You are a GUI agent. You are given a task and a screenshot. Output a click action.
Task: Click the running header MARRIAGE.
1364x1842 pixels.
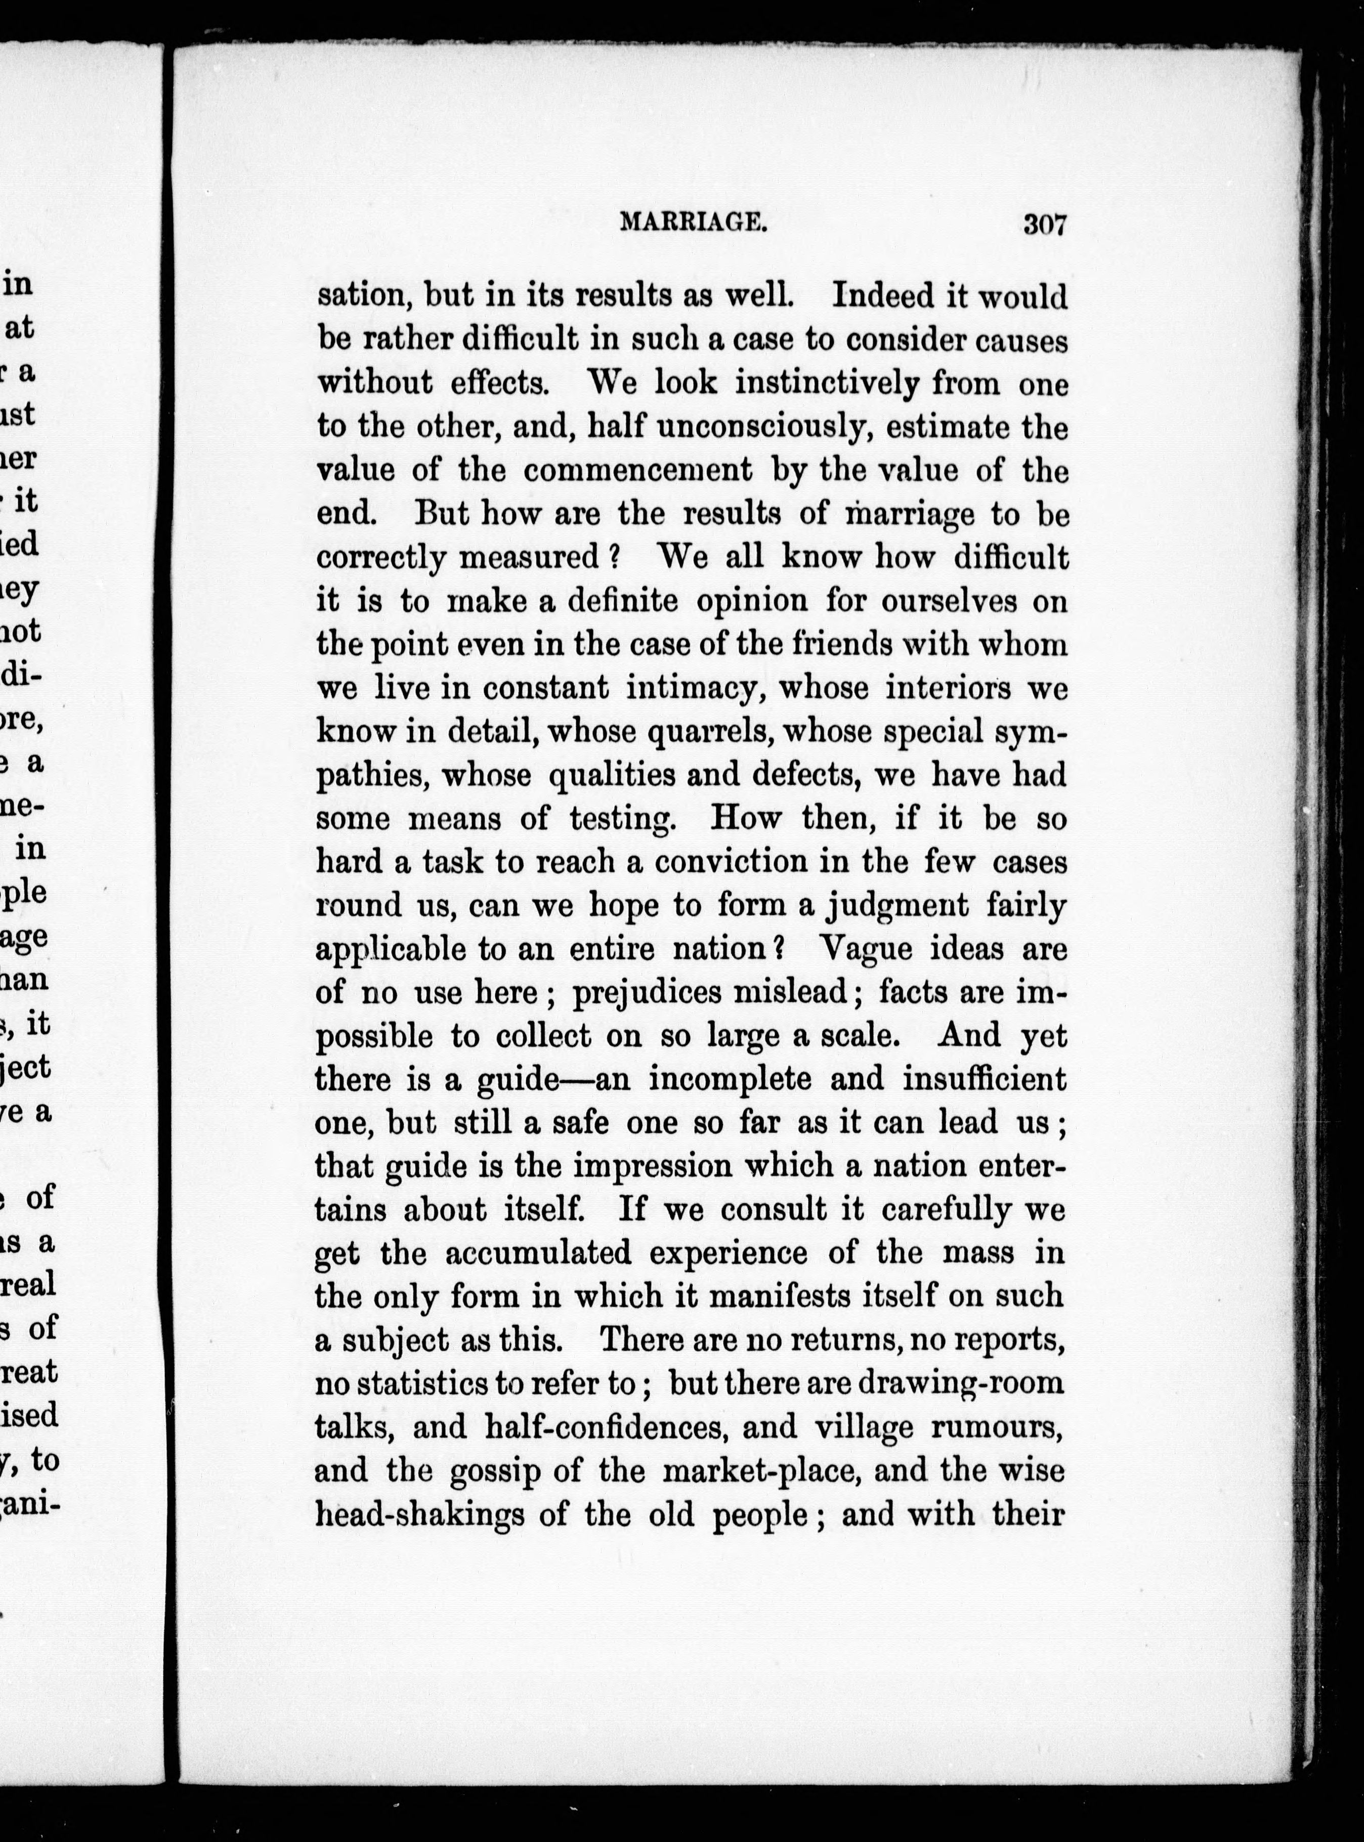(x=692, y=222)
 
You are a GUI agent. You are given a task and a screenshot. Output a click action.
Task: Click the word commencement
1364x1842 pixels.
(x=638, y=471)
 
